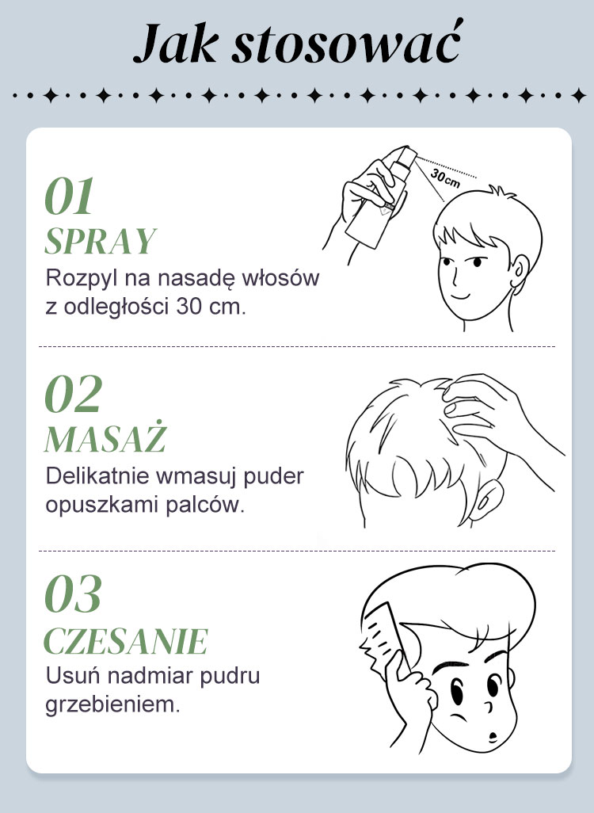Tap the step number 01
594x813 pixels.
click(x=69, y=196)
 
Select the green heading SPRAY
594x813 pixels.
click(x=101, y=241)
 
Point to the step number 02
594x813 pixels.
click(x=73, y=394)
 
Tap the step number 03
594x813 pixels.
click(x=73, y=594)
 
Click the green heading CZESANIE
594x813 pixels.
click(x=126, y=641)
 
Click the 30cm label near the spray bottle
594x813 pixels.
click(x=445, y=177)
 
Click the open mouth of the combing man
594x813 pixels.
click(x=493, y=736)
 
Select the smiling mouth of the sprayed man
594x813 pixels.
click(x=460, y=296)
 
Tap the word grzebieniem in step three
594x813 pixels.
click(x=112, y=704)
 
